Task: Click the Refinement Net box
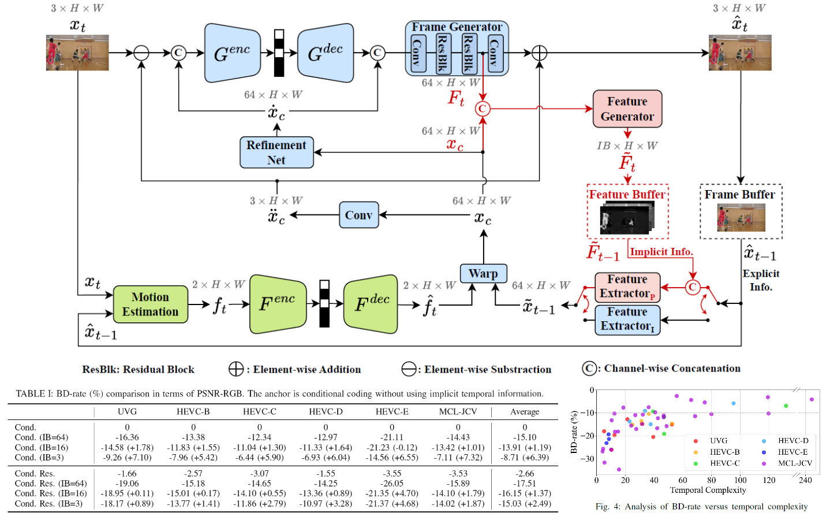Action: pyautogui.click(x=276, y=153)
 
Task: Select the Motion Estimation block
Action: pyautogui.click(x=150, y=304)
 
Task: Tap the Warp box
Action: pyautogui.click(x=483, y=273)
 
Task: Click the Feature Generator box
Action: pyautogui.click(x=627, y=109)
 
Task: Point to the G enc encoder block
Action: pyautogui.click(x=232, y=53)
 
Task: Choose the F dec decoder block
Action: pyautogui.click(x=371, y=304)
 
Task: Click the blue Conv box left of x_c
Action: pyautogui.click(x=358, y=215)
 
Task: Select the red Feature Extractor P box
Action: pyautogui.click(x=627, y=287)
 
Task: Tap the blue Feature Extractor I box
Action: pyautogui.click(x=627, y=320)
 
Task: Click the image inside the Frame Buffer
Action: pyautogui.click(x=741, y=218)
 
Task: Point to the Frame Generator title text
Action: pyautogui.click(x=457, y=27)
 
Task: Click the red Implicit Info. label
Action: pyautogui.click(x=661, y=251)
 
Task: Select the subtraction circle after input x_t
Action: pyautogui.click(x=141, y=53)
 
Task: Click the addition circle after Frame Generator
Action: pyautogui.click(x=539, y=53)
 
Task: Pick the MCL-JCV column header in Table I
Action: pyautogui.click(x=458, y=411)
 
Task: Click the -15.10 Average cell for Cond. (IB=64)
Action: pyautogui.click(x=525, y=437)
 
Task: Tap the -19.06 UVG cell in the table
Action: pyautogui.click(x=127, y=483)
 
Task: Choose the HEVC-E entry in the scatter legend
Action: pyautogui.click(x=792, y=452)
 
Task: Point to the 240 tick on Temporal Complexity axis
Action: pyautogui.click(x=805, y=480)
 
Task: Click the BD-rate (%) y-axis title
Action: pyautogui.click(x=574, y=432)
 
